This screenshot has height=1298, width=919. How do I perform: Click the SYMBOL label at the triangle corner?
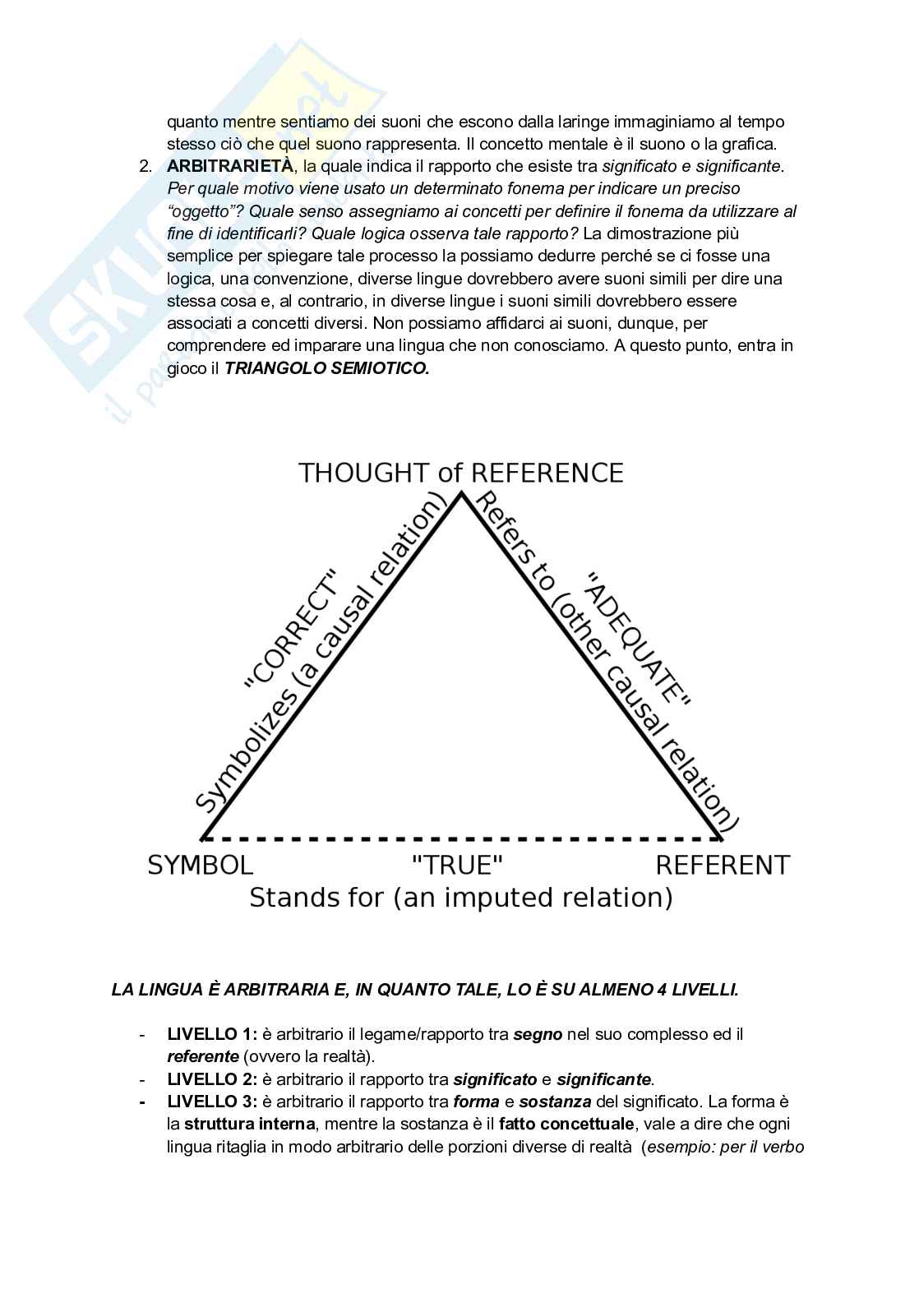coord(200,865)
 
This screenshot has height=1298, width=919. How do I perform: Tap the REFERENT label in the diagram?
coord(722,865)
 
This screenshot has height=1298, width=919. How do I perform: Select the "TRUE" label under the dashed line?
coord(456,865)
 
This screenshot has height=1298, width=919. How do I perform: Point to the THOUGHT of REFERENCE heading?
coord(460,473)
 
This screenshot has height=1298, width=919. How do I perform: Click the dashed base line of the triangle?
coord(460,839)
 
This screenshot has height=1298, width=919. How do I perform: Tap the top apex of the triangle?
coord(461,493)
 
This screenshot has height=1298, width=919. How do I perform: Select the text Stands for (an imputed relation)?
coord(460,897)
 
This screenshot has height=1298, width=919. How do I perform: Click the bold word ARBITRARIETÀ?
coord(229,166)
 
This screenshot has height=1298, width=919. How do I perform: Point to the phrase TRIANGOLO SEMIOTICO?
coord(327,368)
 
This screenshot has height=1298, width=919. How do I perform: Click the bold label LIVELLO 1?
coord(212,1034)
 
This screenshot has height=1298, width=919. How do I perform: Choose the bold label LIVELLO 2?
coord(212,1079)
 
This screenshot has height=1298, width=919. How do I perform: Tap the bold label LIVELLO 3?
coord(212,1102)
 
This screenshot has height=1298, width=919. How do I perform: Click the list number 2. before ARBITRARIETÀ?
coord(145,166)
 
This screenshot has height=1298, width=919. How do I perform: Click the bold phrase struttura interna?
coord(249,1124)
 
